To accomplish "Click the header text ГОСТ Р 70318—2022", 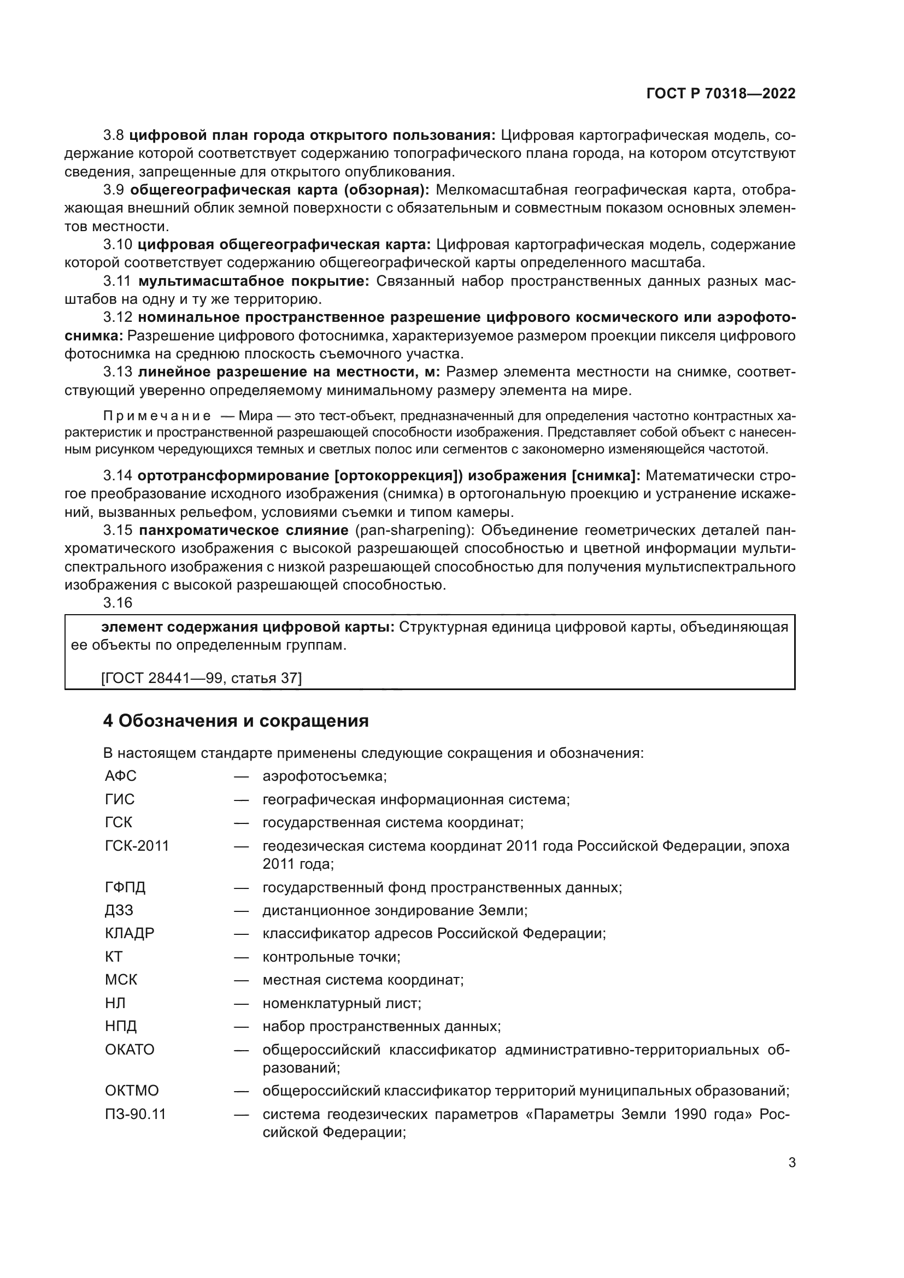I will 720,93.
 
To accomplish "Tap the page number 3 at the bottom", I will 791,1162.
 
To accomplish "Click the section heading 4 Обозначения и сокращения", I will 236,721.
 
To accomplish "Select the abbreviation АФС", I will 120,775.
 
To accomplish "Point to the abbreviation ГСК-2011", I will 137,845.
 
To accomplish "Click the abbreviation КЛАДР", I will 129,933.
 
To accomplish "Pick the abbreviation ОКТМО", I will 131,1091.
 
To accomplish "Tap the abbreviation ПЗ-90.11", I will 135,1114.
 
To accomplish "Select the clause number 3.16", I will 118,602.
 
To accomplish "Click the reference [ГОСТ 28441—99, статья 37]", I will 202,678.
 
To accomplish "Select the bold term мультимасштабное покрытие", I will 253,281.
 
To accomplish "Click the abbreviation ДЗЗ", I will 119,910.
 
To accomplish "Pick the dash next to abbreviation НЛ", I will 240,1003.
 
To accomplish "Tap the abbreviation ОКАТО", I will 129,1049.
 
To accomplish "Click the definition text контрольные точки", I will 331,957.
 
